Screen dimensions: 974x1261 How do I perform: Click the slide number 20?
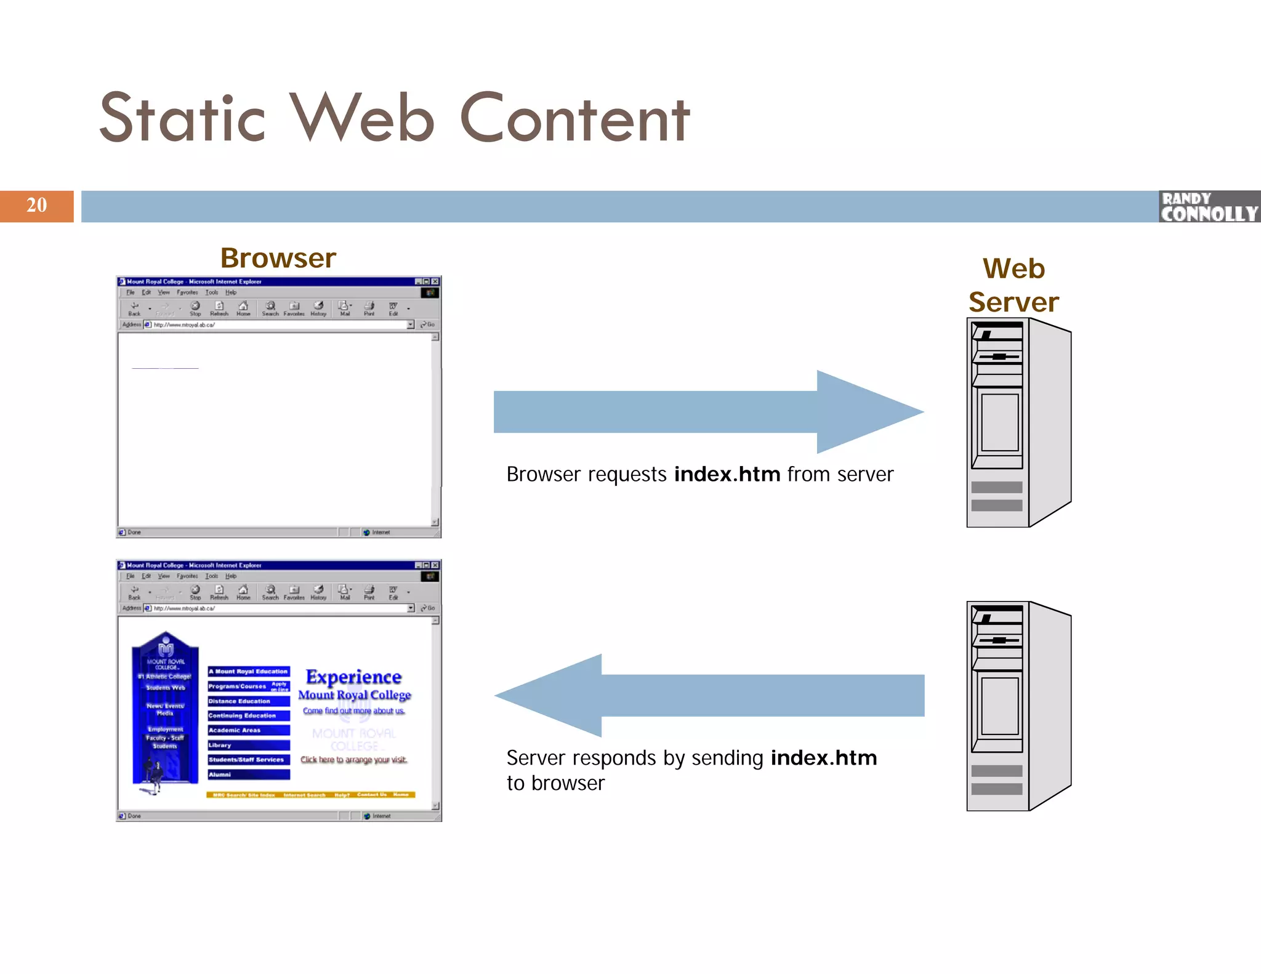click(36, 205)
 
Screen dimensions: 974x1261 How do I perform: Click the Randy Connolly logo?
click(1209, 207)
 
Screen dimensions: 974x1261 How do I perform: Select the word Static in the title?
click(182, 118)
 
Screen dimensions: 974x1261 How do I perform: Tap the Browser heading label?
click(278, 258)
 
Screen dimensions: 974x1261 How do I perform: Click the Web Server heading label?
click(1013, 285)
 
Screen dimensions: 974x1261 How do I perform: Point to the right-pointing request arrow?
click(708, 412)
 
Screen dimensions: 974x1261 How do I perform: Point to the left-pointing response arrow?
click(708, 696)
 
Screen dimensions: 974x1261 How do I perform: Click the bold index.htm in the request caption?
click(727, 475)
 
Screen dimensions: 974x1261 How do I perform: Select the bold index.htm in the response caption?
click(824, 758)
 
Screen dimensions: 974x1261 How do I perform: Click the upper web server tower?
click(1018, 422)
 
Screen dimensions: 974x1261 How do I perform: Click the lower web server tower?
click(1018, 706)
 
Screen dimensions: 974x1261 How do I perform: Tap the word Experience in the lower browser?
click(353, 677)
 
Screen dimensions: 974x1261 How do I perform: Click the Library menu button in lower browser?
click(248, 745)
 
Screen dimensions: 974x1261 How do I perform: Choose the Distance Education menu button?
click(248, 701)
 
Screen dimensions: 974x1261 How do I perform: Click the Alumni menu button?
click(248, 775)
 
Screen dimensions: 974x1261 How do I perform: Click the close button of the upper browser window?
click(435, 281)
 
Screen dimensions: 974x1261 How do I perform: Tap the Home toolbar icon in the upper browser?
click(243, 308)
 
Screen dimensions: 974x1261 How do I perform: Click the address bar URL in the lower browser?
click(185, 608)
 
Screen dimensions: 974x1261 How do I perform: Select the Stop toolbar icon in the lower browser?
click(195, 592)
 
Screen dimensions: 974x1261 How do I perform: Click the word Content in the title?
click(575, 118)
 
